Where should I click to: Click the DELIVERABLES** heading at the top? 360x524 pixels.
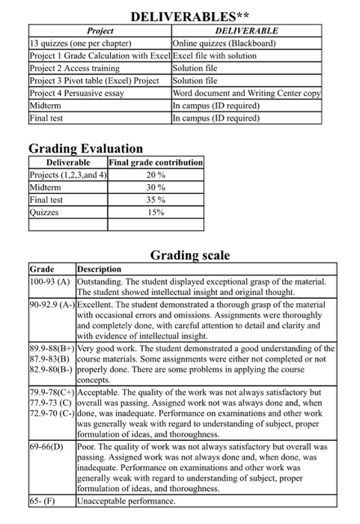[x=190, y=16]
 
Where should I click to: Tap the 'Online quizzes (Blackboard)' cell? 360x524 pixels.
[x=225, y=43]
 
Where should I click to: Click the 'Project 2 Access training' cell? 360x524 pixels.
[x=76, y=68]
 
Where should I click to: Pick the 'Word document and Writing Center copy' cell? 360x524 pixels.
[x=246, y=93]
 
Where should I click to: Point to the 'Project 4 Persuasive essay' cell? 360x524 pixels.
[x=76, y=93]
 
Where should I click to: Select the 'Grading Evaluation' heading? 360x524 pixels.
[x=85, y=148]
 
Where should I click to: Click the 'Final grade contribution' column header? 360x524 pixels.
[x=156, y=162]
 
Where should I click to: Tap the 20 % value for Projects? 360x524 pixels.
[x=156, y=174]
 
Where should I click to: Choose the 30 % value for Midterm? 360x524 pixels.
[x=156, y=187]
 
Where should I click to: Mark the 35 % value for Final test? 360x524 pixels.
[x=156, y=200]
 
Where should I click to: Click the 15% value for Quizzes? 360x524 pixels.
[x=156, y=213]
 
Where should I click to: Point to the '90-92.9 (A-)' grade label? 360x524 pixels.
[x=52, y=305]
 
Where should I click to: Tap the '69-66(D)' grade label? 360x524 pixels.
[x=46, y=445]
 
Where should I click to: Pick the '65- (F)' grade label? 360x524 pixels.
[x=41, y=501]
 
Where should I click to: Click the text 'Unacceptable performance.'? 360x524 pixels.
[x=126, y=501]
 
